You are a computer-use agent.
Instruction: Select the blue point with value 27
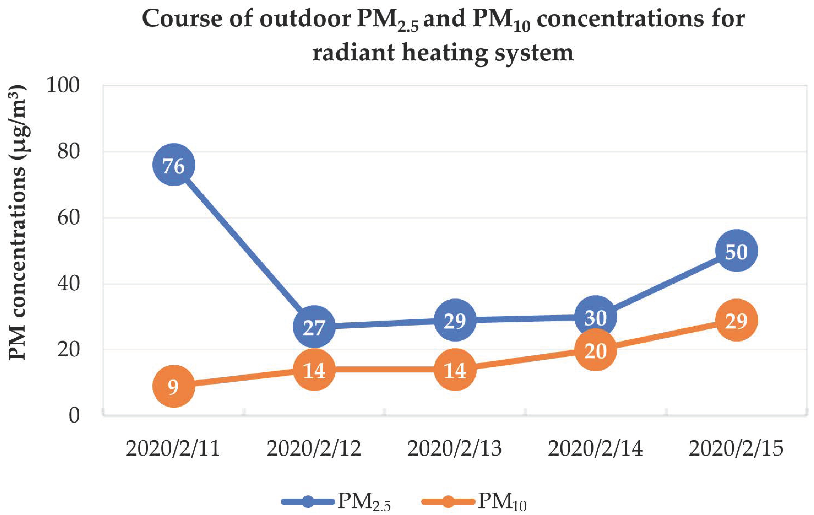tap(314, 327)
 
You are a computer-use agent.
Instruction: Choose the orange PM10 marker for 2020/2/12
tap(314, 370)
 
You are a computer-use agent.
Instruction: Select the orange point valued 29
tap(736, 320)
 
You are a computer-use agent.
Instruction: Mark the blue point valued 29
tap(455, 320)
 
